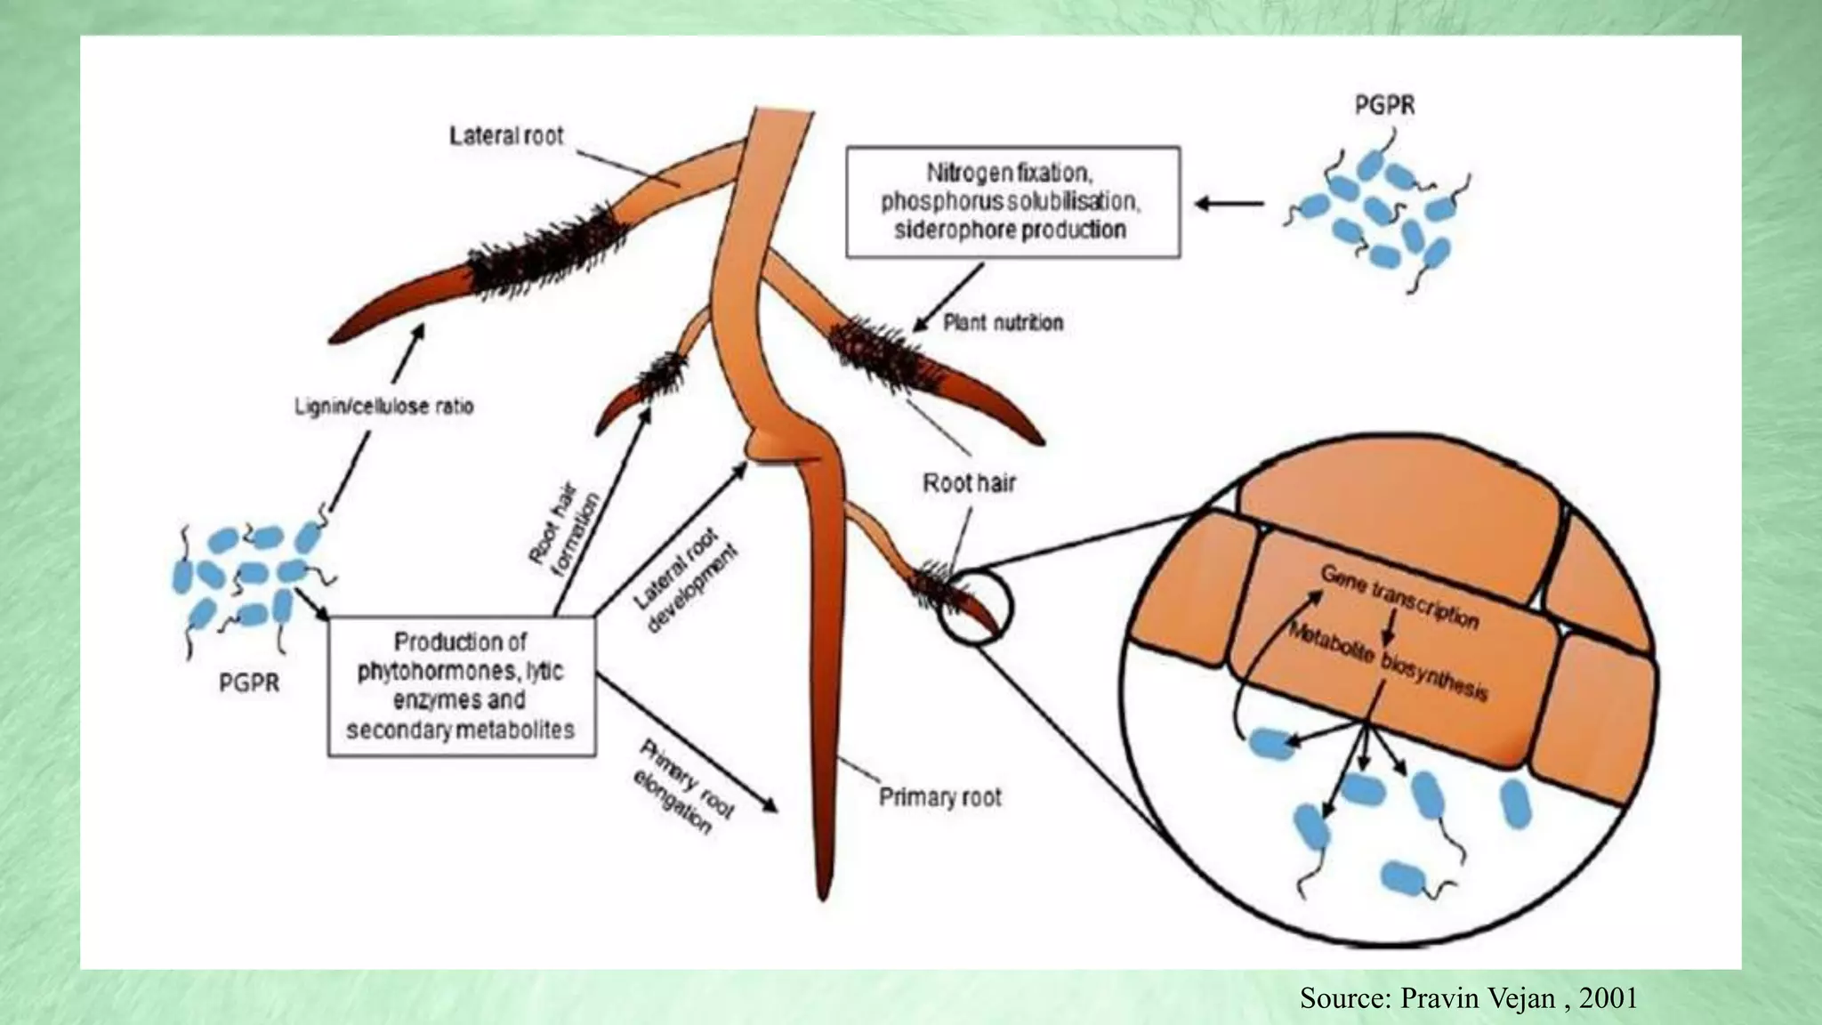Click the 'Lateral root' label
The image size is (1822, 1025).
pyautogui.click(x=506, y=136)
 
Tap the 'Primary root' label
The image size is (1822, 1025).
pyautogui.click(x=939, y=797)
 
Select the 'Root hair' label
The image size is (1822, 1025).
pyautogui.click(x=969, y=483)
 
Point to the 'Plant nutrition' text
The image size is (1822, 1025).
pyautogui.click(x=1003, y=322)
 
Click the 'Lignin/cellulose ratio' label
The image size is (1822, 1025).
pyautogui.click(x=383, y=407)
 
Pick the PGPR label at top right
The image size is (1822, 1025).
pyautogui.click(x=1384, y=105)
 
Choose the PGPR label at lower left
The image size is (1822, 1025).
pyautogui.click(x=249, y=682)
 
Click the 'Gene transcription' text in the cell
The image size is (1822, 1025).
pyautogui.click(x=1399, y=596)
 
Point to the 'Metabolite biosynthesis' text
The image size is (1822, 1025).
pyautogui.click(x=1388, y=661)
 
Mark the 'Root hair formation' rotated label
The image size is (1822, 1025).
pyautogui.click(x=564, y=532)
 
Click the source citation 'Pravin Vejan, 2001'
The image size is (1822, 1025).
pyautogui.click(x=1468, y=998)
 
